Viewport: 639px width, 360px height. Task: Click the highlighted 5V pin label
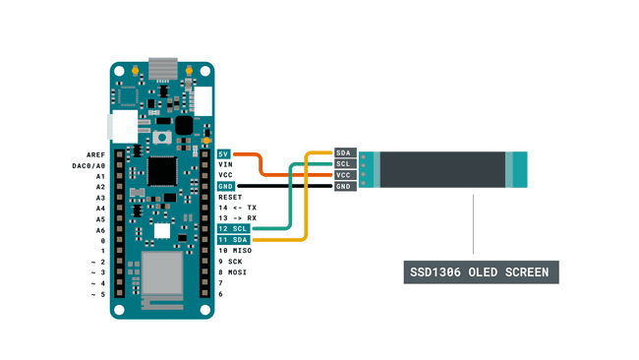[224, 154]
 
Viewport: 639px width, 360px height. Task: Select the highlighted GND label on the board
[225, 187]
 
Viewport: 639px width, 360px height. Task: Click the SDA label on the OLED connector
[344, 152]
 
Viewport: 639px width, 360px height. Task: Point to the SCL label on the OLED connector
[344, 163]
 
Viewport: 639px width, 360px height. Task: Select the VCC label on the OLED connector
[344, 175]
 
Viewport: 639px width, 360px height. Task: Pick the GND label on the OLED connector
[344, 187]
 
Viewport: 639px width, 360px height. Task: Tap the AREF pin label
[95, 154]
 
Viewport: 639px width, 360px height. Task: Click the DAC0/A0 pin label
[87, 165]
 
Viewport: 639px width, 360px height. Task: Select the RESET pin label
[229, 198]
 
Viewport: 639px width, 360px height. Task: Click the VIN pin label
[224, 165]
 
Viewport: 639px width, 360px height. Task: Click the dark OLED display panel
[442, 169]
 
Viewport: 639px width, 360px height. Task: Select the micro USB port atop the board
[161, 69]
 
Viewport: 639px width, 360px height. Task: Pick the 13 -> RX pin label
[237, 218]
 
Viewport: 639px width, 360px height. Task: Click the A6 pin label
[100, 229]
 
